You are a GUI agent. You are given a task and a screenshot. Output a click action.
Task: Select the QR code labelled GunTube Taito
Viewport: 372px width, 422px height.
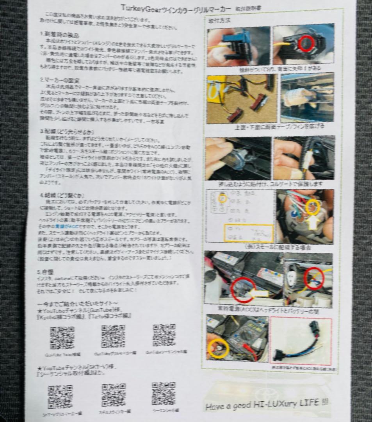62,337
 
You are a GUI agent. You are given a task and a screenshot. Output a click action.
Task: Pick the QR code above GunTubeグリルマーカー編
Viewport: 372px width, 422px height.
113,336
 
